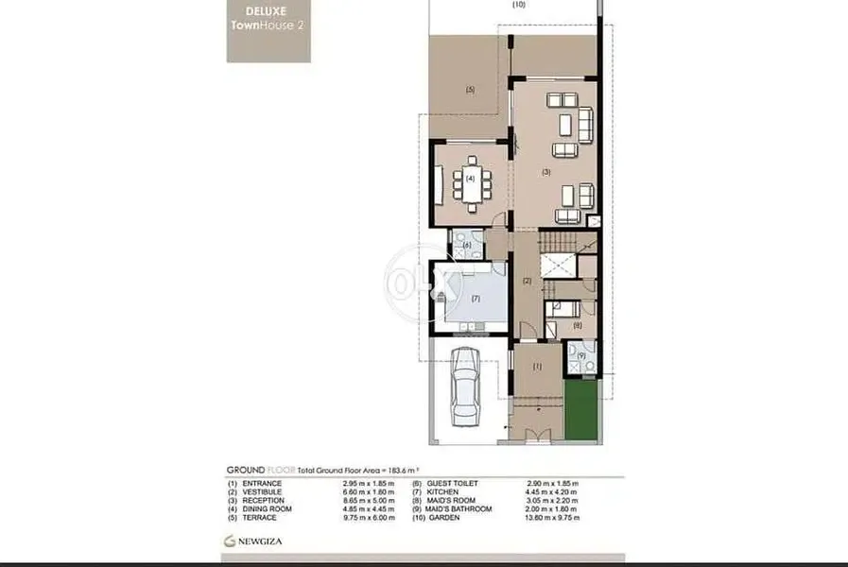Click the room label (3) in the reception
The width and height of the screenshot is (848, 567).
pyautogui.click(x=545, y=172)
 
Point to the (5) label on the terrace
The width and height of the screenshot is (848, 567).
pyautogui.click(x=469, y=90)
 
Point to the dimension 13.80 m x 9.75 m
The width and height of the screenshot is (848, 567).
pyautogui.click(x=553, y=518)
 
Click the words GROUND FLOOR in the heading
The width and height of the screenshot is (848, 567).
pyautogui.click(x=262, y=470)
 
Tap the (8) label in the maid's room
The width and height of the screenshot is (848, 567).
pyautogui.click(x=578, y=325)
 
